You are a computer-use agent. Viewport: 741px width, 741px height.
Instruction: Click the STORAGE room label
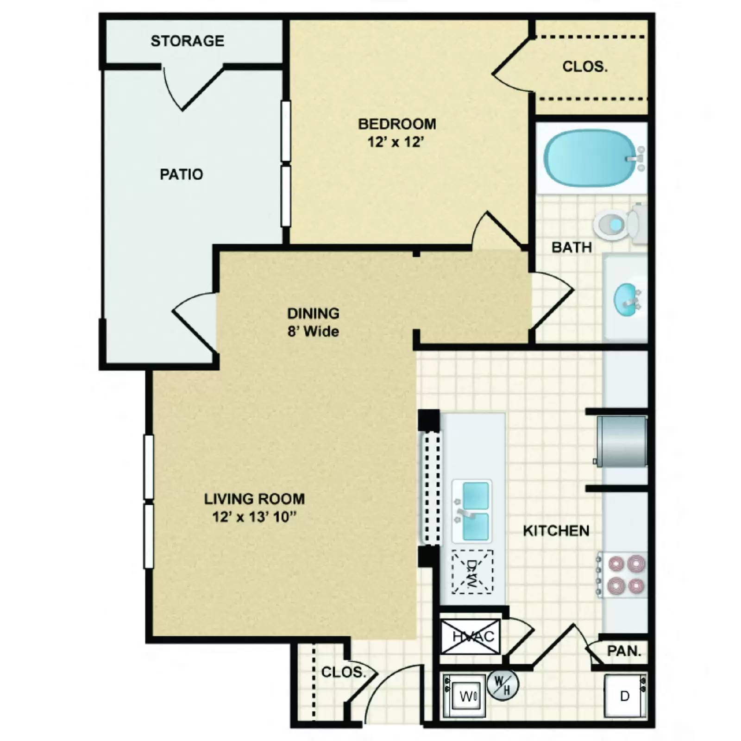click(x=187, y=41)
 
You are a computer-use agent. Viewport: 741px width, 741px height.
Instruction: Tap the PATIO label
click(x=181, y=174)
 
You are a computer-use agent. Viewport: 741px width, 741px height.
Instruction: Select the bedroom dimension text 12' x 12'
click(x=396, y=142)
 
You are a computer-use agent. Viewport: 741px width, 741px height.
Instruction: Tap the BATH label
click(x=571, y=247)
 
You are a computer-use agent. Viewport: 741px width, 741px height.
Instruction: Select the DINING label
click(x=313, y=314)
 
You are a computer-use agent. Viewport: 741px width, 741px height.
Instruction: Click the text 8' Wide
click(x=313, y=332)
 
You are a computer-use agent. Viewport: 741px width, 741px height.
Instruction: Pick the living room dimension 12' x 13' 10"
click(x=254, y=517)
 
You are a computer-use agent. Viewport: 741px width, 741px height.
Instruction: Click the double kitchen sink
click(x=472, y=511)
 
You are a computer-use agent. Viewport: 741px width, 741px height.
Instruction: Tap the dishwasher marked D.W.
click(x=472, y=571)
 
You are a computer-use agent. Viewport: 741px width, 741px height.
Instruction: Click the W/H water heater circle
click(x=502, y=685)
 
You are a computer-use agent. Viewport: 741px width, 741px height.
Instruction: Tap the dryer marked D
click(x=625, y=696)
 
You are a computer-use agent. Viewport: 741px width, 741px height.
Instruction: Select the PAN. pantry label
click(x=624, y=651)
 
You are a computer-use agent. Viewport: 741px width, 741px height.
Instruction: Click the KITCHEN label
click(x=556, y=531)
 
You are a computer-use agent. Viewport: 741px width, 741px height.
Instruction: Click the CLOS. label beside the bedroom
click(x=584, y=67)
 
